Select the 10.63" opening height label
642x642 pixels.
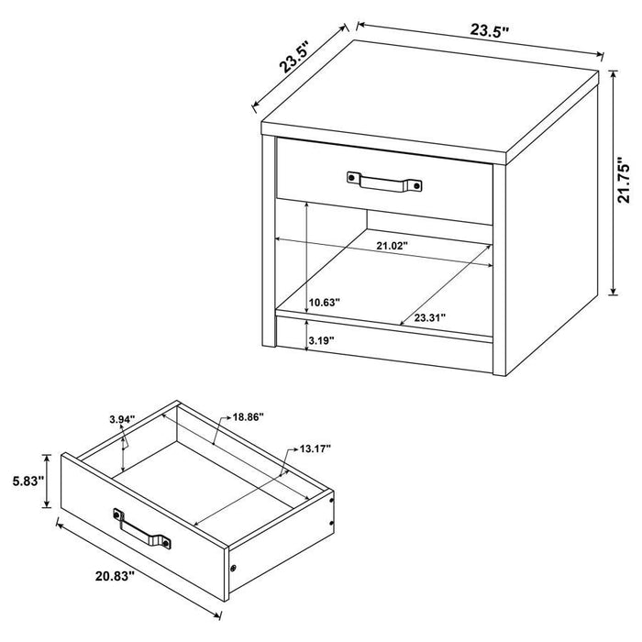coord(325,301)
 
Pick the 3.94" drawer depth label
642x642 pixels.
coord(121,419)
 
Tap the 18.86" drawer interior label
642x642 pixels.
coord(248,417)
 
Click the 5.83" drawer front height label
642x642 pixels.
coord(24,481)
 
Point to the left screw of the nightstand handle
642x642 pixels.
coord(353,177)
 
